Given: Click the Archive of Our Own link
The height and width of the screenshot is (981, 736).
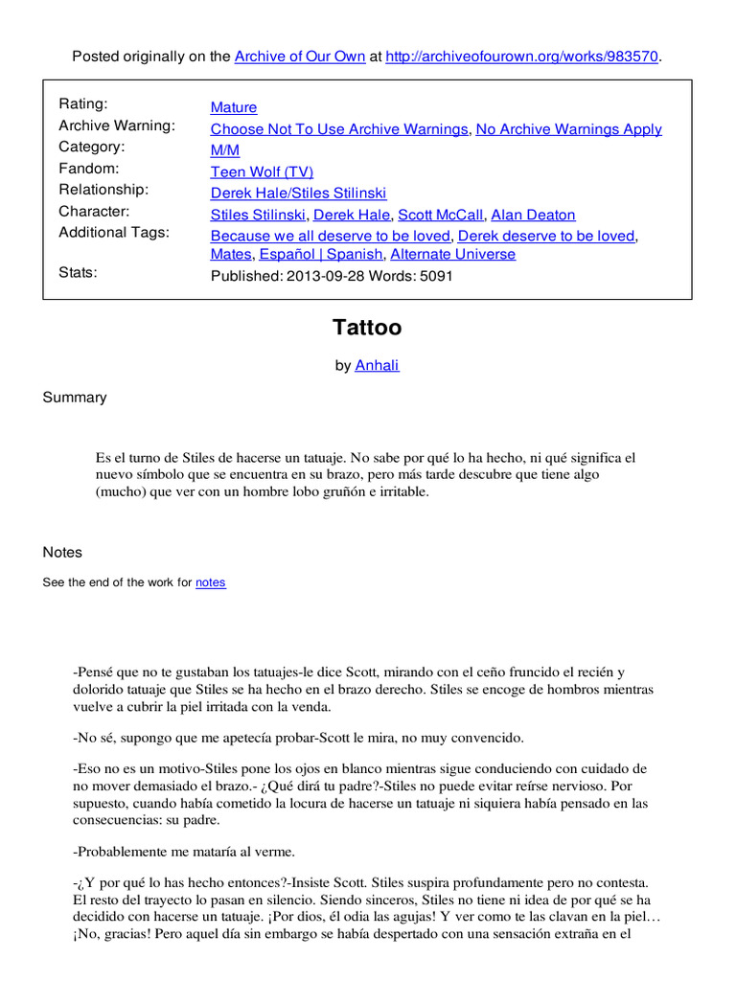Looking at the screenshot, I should pyautogui.click(x=300, y=57).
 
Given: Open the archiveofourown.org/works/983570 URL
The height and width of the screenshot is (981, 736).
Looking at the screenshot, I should pyautogui.click(x=522, y=57).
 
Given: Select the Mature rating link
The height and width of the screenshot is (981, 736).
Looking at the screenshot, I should pyautogui.click(x=234, y=107).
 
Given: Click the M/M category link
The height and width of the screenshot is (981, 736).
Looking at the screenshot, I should pyautogui.click(x=225, y=150).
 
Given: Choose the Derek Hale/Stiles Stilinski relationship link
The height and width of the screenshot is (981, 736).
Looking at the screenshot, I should pyautogui.click(x=298, y=194).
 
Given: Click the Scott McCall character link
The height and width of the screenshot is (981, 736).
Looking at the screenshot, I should pyautogui.click(x=440, y=215).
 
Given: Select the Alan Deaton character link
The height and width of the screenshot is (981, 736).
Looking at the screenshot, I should pyautogui.click(x=533, y=215).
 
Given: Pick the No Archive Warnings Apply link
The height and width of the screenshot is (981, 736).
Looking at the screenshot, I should pyautogui.click(x=568, y=129).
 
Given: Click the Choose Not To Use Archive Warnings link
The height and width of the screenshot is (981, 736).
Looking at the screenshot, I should pyautogui.click(x=339, y=129).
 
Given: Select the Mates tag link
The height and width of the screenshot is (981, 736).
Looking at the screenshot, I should pyautogui.click(x=230, y=254).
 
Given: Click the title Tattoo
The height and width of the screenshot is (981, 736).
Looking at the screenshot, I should pyautogui.click(x=367, y=328).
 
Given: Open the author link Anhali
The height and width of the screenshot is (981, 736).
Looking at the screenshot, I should pyautogui.click(x=377, y=365).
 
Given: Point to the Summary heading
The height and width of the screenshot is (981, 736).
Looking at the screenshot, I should pyautogui.click(x=75, y=398).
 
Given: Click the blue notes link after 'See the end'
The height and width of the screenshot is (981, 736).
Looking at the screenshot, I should pyautogui.click(x=211, y=582).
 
